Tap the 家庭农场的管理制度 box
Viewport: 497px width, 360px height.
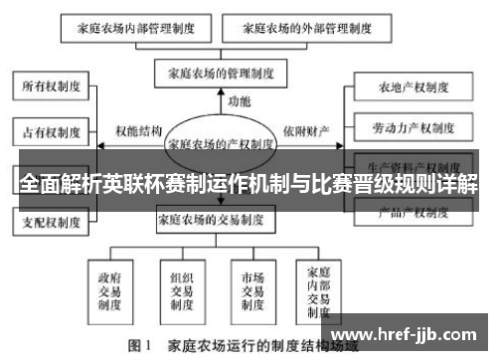[x=221, y=73]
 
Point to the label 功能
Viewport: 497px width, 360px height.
[x=239, y=102]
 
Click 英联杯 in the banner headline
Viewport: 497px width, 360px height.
[x=147, y=185]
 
